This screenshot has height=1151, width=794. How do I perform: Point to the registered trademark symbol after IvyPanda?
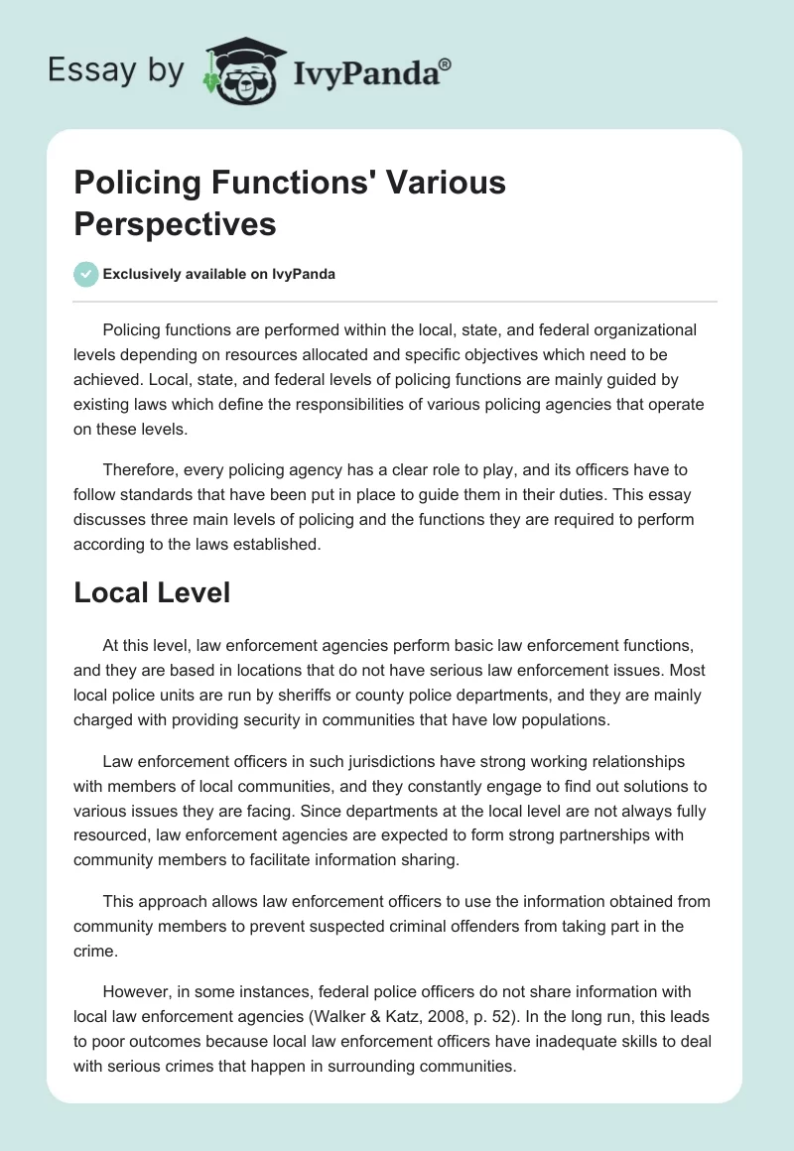pos(446,64)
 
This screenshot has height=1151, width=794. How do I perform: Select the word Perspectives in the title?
pos(175,223)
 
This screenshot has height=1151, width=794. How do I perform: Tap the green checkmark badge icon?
pos(85,274)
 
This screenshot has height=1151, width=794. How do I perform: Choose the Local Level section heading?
pos(152,593)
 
